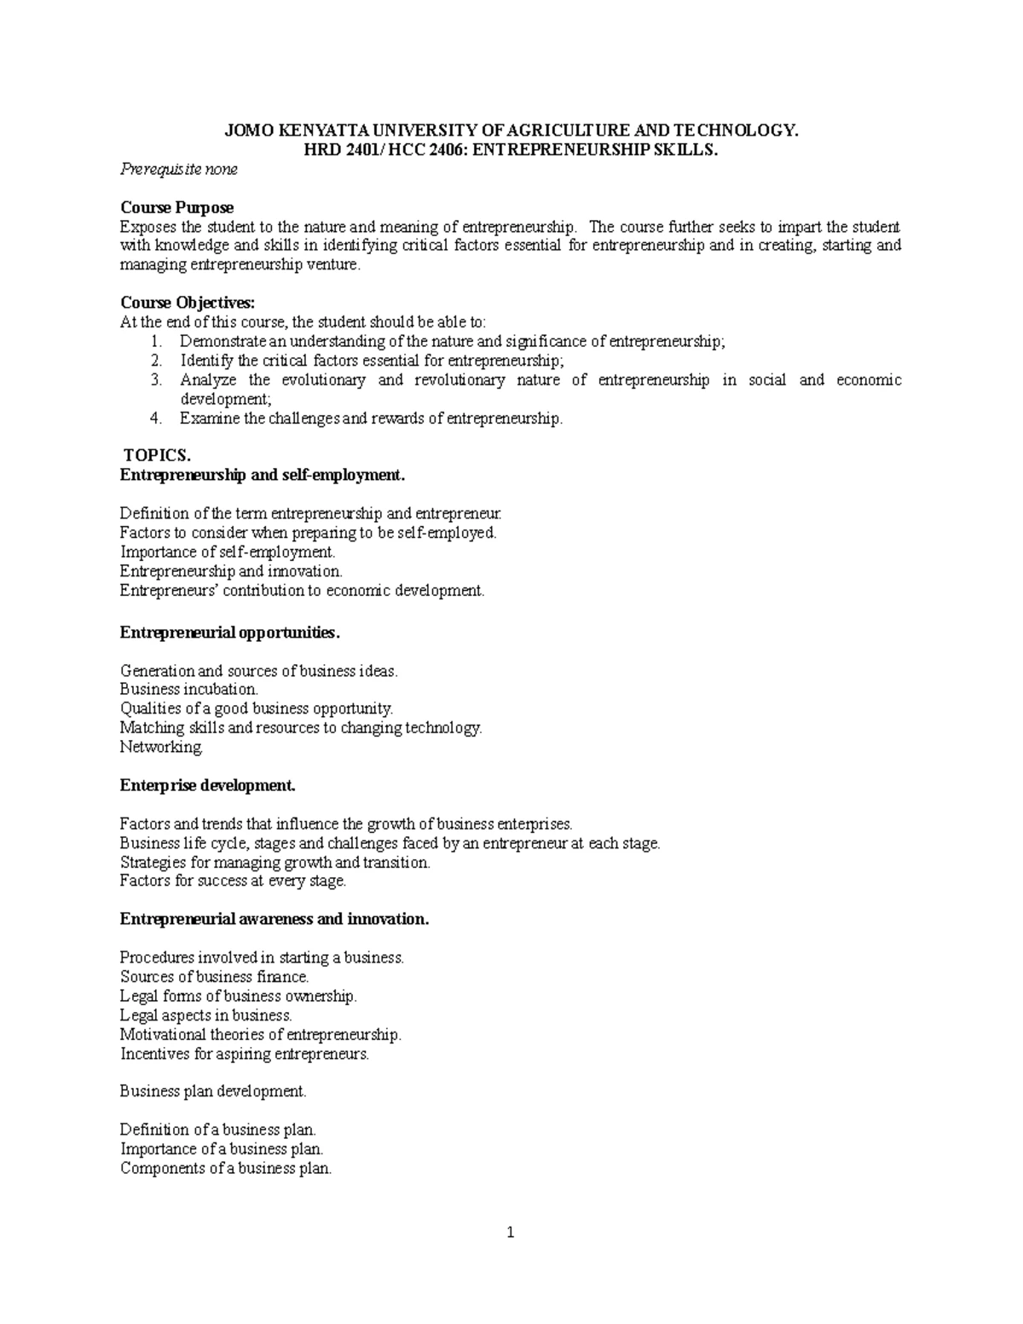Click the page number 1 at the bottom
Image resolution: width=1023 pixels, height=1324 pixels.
point(511,1232)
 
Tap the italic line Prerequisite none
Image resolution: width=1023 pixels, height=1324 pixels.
point(178,169)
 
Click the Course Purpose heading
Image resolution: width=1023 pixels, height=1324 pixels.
point(176,207)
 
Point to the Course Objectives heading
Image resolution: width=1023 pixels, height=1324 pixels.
point(188,303)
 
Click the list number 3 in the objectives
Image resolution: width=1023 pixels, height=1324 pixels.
point(156,380)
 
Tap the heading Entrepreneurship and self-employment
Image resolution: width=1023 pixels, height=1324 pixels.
point(263,475)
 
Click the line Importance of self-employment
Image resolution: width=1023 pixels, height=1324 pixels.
point(228,552)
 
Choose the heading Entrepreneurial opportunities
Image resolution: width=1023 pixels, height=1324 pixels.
point(229,633)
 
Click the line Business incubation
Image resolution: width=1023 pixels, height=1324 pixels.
point(188,689)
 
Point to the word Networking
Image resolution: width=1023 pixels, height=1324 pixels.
point(162,748)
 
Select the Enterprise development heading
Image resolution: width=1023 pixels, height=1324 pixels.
point(207,785)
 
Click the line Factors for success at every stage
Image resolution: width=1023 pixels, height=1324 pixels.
point(233,881)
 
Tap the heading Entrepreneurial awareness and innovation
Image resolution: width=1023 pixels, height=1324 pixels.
point(275,919)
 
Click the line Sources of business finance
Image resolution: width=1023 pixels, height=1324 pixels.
point(214,977)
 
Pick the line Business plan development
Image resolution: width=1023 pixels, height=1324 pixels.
point(212,1091)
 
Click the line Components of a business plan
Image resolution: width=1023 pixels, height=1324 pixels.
point(225,1168)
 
